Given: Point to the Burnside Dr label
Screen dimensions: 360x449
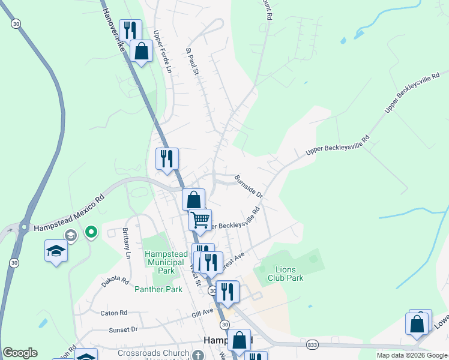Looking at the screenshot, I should coord(249,187).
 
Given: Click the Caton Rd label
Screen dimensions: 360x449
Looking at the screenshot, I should coord(114,313).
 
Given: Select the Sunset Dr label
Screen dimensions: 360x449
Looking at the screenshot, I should coord(123,329).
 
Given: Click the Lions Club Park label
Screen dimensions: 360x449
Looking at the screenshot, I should coord(289,274).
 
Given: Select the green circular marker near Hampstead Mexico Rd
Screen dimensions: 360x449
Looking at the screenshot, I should coord(91,231).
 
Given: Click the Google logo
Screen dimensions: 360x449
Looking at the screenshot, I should coord(20,353).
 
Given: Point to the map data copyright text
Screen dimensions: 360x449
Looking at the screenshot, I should coord(412,355).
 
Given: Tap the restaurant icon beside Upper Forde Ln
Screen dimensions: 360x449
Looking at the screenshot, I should coord(130,29).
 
